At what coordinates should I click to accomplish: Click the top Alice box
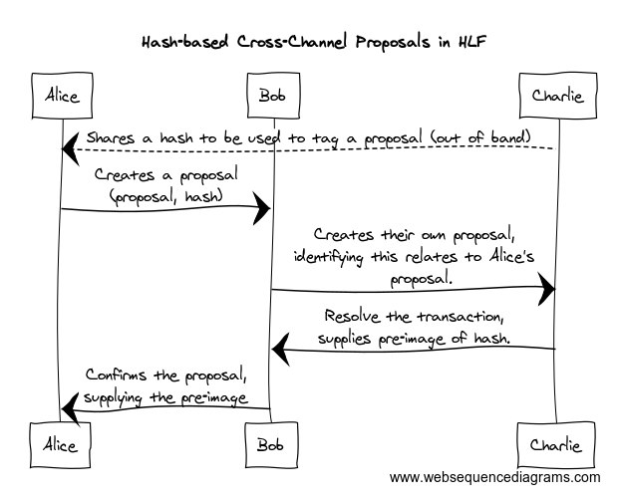pos(61,96)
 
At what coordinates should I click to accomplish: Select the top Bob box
pos(271,96)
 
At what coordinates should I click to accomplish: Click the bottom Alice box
pos(61,444)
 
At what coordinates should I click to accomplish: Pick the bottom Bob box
pos(271,444)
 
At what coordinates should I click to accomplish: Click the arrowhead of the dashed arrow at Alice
pos(70,148)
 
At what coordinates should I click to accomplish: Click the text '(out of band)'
pos(495,135)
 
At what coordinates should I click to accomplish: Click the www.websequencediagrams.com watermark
pos(494,478)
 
